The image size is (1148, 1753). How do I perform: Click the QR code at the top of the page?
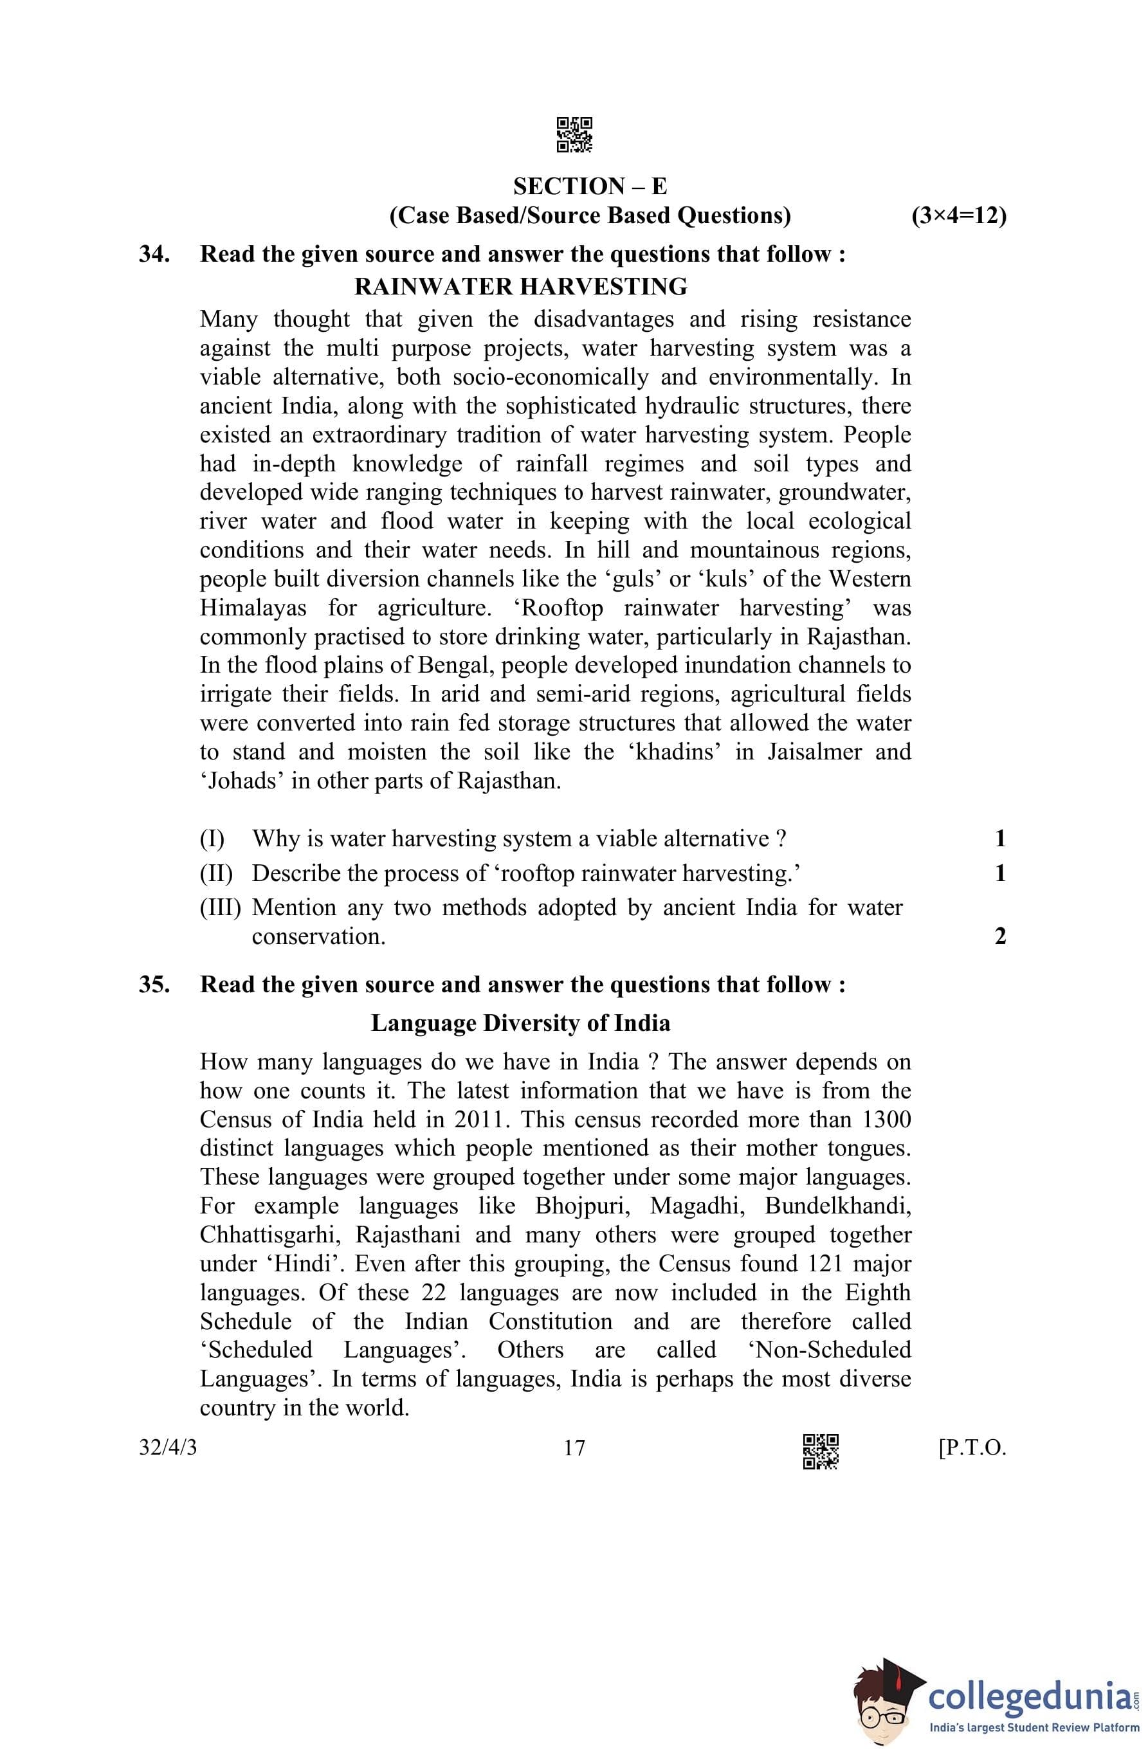(574, 135)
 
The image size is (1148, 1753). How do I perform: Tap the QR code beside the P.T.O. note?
(820, 1451)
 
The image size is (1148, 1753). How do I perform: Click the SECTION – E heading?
(590, 186)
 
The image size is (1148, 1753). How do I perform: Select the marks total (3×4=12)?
(958, 216)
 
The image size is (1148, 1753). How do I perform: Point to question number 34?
(154, 254)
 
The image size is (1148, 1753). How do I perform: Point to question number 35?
(154, 985)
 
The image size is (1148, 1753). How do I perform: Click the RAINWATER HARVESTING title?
(520, 287)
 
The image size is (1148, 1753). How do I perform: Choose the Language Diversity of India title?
(520, 1023)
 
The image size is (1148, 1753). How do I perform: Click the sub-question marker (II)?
(216, 873)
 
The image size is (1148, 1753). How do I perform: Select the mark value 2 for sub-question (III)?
(1000, 936)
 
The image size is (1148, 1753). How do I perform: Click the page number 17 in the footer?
(574, 1448)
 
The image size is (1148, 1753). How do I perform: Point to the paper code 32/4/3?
(168, 1448)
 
